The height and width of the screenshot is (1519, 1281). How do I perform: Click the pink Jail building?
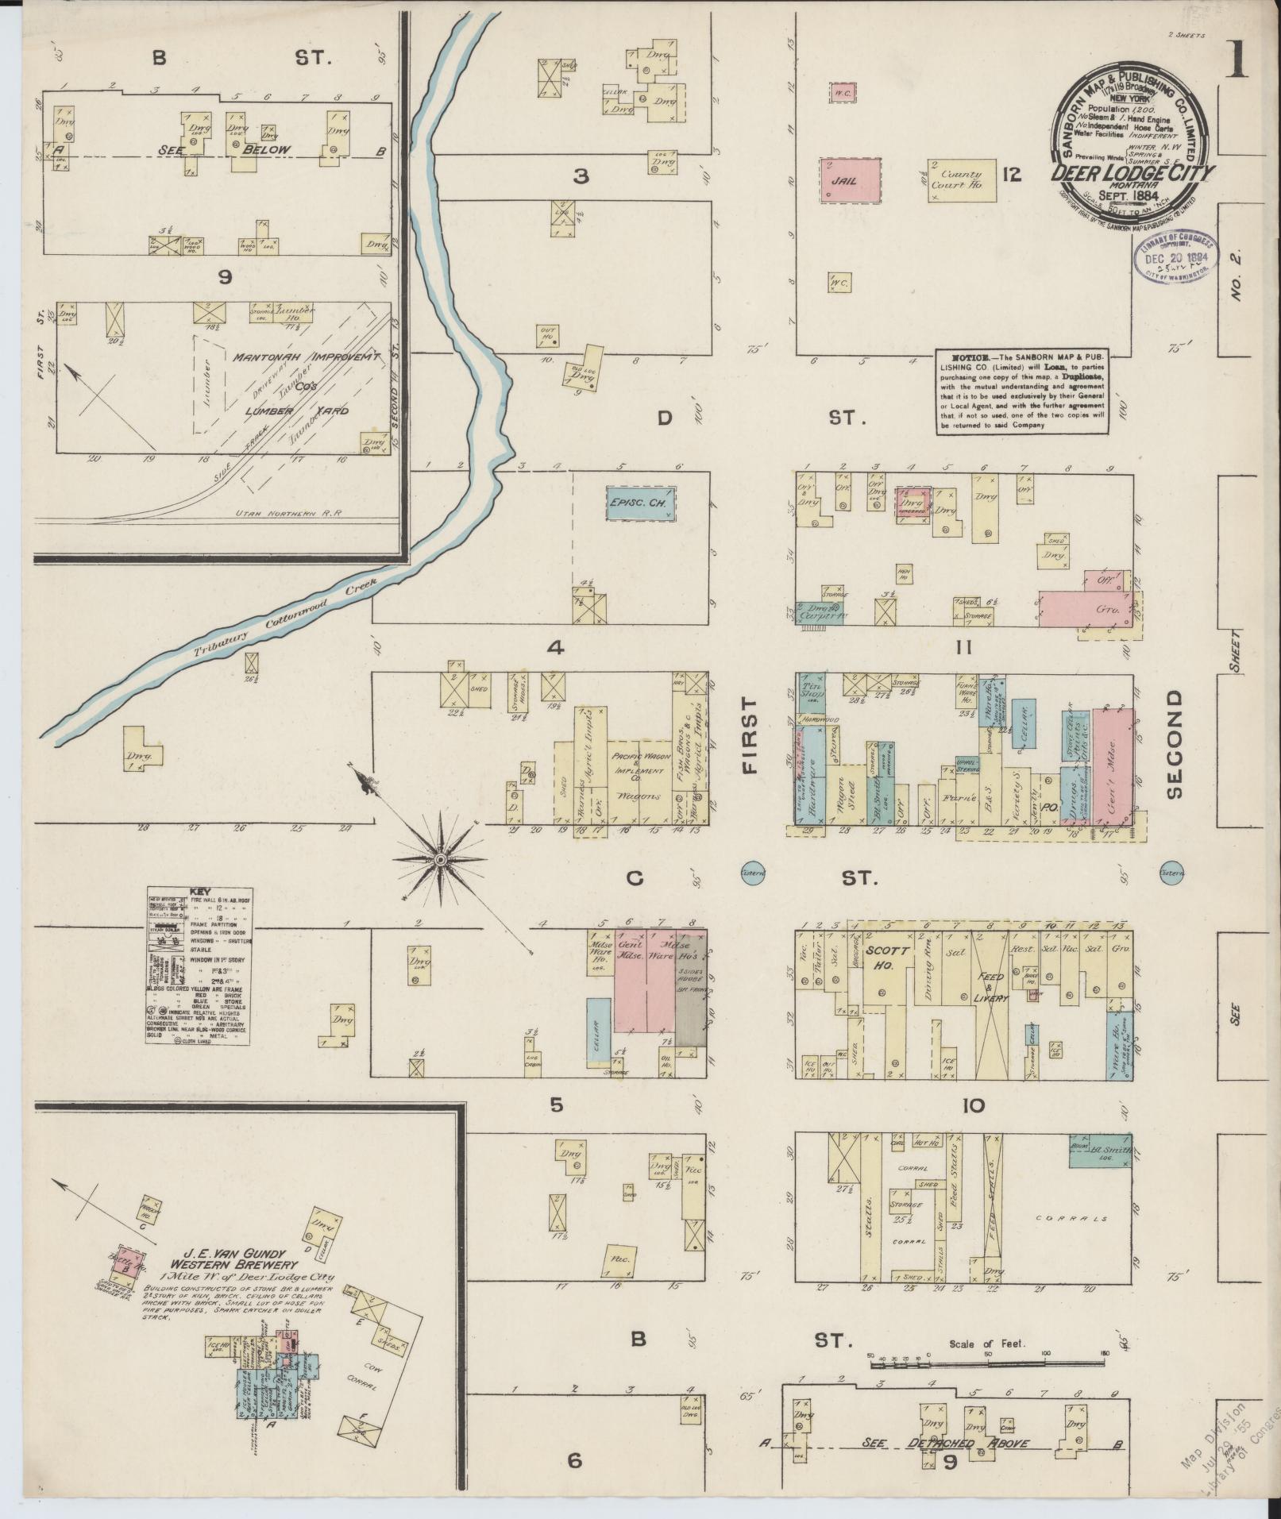[851, 181]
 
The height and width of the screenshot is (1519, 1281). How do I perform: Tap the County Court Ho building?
[962, 179]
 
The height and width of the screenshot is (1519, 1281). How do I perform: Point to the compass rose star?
[439, 860]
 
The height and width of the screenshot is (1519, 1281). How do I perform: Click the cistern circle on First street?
[752, 872]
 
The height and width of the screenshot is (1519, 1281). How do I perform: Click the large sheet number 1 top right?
[1236, 62]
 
